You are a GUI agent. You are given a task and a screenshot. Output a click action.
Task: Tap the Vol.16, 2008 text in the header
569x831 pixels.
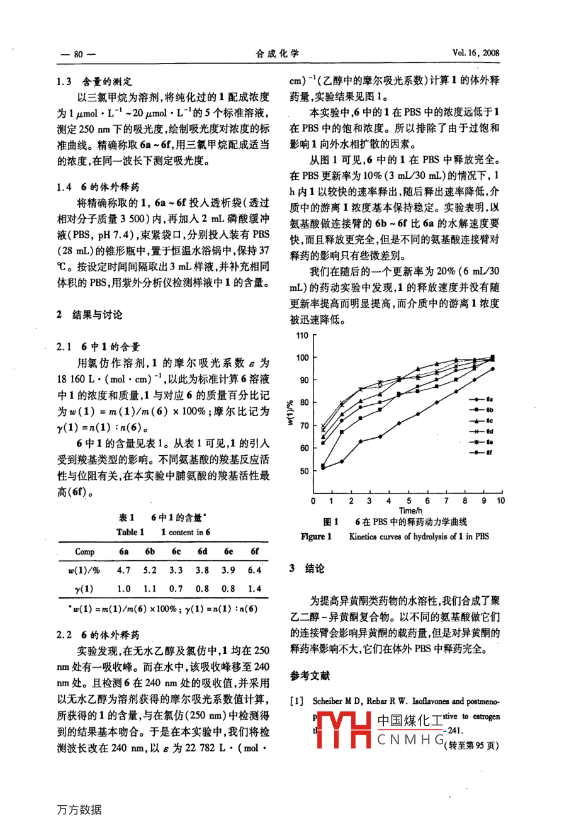pos(475,53)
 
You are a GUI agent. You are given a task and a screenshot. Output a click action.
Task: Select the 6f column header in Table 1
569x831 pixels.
pos(254,551)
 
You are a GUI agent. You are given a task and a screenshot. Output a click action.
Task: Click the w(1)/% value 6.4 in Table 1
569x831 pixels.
pos(254,570)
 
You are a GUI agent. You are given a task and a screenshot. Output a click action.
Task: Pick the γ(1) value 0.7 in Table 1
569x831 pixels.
pos(176,589)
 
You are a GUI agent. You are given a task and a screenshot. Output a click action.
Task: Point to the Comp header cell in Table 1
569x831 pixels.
pos(85,551)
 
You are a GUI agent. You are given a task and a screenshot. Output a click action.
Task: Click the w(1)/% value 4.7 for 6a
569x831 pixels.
pos(124,570)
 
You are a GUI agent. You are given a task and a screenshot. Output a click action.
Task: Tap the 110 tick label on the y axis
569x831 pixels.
pos(302,336)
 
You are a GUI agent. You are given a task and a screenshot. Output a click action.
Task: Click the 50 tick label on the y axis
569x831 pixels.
pos(305,471)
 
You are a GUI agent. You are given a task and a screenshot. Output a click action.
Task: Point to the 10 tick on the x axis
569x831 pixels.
pos(500,501)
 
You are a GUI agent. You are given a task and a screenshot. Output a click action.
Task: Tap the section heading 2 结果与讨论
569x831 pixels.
pos(89,315)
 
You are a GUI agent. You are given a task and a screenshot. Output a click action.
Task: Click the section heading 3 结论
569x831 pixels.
pos(307,568)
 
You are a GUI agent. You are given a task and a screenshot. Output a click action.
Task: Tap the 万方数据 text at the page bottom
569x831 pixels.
pos(79,810)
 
